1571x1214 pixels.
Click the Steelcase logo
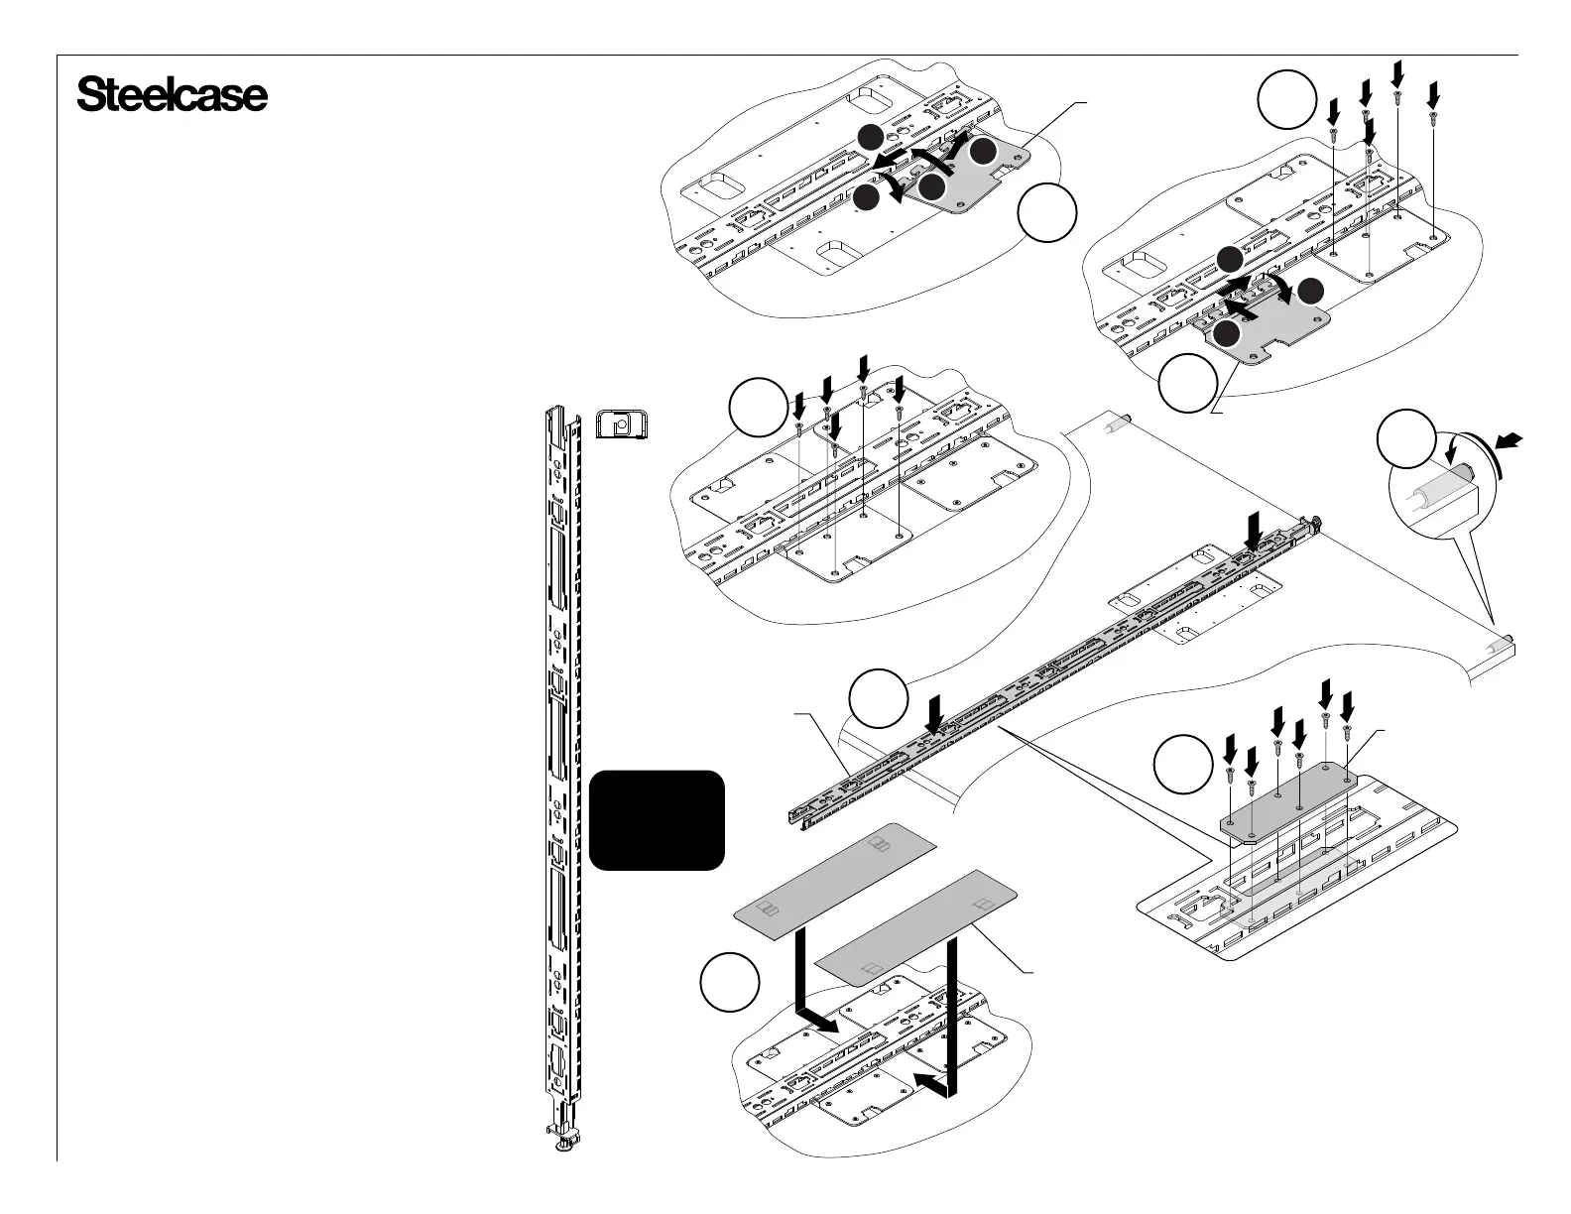(172, 96)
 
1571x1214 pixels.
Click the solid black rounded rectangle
(657, 820)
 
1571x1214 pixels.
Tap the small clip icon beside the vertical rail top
(621, 424)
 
